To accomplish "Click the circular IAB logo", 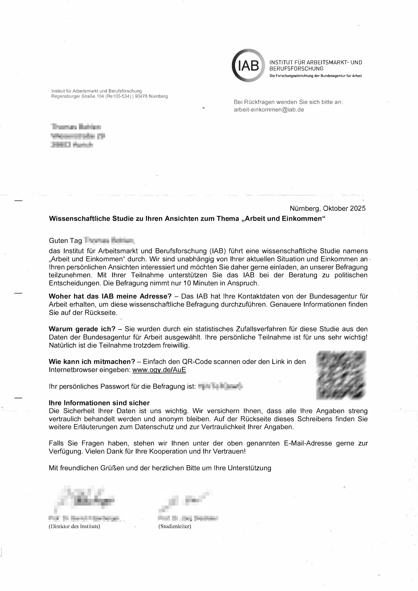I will click(248, 66).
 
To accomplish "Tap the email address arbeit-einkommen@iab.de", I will click(269, 110).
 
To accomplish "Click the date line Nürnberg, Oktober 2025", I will click(327, 208).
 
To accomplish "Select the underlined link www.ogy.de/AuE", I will click(159, 370).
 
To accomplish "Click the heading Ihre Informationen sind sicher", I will click(99, 403).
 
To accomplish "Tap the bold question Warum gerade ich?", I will click(82, 329).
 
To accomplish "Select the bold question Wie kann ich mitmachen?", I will click(92, 362).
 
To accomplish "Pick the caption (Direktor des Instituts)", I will click(74, 526).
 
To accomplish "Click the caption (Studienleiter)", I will click(175, 526).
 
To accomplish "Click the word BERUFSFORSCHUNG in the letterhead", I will click(296, 69).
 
